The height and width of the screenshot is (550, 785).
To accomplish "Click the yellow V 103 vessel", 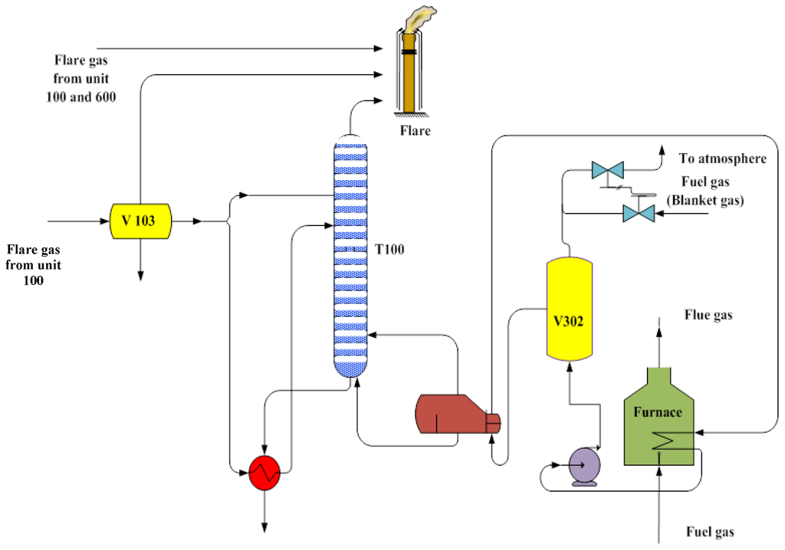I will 140,221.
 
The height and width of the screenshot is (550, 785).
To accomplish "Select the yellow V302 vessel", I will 569,309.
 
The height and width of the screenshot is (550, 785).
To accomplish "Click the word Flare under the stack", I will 415,131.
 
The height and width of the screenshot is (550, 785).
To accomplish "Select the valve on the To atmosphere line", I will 609,171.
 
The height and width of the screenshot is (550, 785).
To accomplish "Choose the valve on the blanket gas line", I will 638,213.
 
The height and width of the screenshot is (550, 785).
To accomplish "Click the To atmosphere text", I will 722,159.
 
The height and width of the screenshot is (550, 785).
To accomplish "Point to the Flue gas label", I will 708,315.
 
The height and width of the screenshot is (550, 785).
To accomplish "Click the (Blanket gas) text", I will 705,199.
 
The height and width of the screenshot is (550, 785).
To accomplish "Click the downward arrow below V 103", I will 140,274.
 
